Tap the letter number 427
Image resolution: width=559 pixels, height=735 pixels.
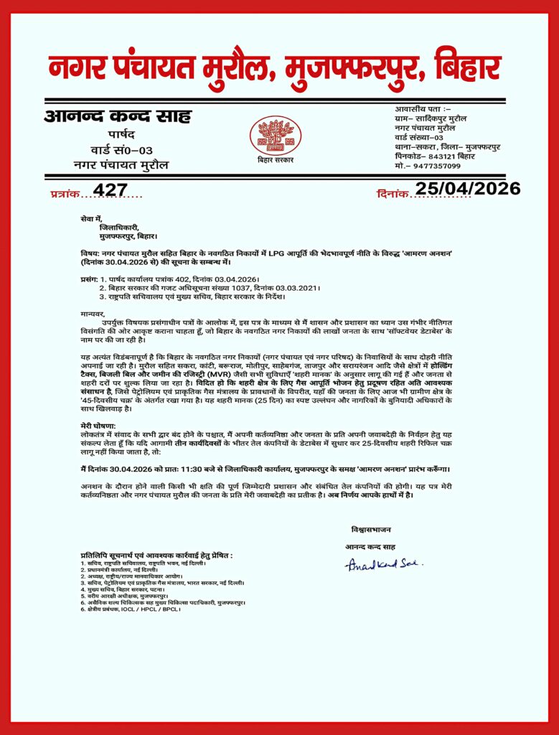(111, 190)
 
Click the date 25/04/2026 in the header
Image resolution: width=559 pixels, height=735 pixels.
(468, 189)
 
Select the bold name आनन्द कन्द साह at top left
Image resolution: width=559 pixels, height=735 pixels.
(118, 116)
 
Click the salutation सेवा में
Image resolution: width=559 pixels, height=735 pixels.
(91, 217)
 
